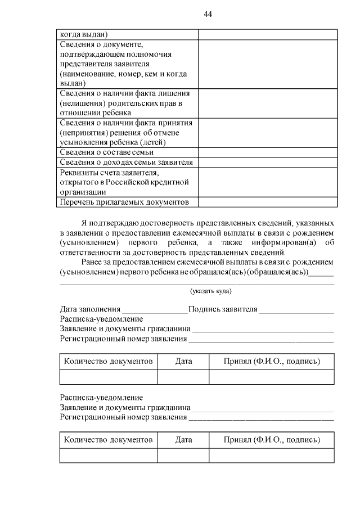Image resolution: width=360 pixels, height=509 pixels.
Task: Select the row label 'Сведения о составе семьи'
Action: pyautogui.click(x=107, y=152)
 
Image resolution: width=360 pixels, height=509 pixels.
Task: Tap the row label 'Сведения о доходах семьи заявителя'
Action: pyautogui.click(x=126, y=162)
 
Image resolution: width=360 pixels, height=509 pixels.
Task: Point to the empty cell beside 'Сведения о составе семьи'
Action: pyautogui.click(x=267, y=152)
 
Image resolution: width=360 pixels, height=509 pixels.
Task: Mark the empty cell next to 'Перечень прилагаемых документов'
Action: pyautogui.click(x=267, y=202)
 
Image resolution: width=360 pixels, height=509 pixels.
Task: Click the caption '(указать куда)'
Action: pyautogui.click(x=210, y=291)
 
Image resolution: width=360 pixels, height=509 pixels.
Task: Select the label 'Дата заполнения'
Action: pyautogui.click(x=90, y=309)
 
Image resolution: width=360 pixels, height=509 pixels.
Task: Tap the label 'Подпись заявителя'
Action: pyautogui.click(x=223, y=309)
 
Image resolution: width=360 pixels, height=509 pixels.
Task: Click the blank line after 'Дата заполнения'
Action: pyautogui.click(x=155, y=310)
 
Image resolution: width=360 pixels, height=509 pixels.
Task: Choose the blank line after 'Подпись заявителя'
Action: pyautogui.click(x=296, y=310)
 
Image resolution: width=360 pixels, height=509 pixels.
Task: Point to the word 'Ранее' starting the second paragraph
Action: pyautogui.click(x=93, y=262)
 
